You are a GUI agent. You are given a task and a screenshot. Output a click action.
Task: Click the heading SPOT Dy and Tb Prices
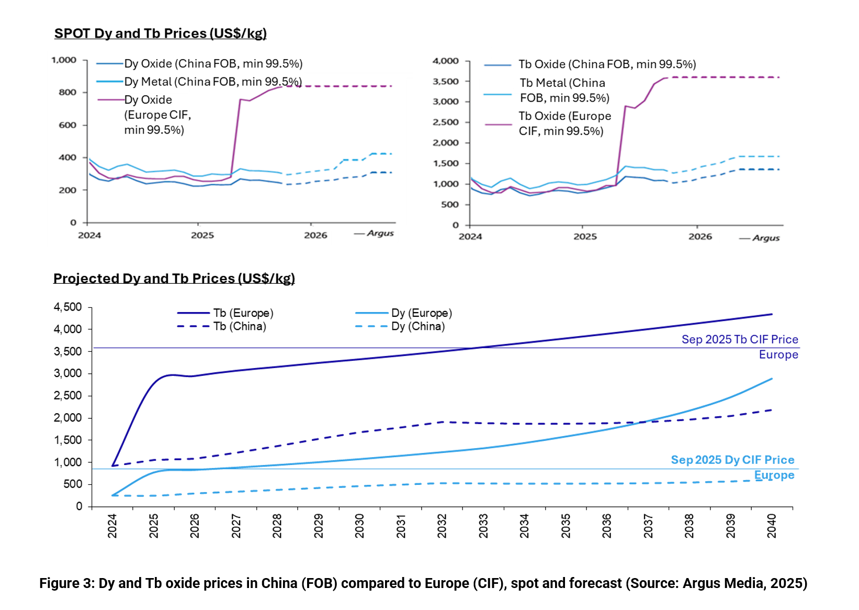[160, 34]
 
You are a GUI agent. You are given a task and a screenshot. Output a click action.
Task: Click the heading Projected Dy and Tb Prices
[174, 279]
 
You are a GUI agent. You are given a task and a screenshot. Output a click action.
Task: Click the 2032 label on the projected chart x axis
[442, 526]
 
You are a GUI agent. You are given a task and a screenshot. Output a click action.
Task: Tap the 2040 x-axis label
[772, 526]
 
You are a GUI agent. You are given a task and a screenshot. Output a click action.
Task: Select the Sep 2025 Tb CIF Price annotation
[740, 340]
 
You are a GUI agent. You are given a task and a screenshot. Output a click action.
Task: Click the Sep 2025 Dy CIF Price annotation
[732, 460]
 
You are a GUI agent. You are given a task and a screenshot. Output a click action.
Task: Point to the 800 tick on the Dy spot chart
[67, 92]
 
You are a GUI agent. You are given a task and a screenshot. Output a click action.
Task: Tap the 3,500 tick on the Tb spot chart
[445, 82]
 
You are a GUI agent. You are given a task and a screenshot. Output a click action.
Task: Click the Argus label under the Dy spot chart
[380, 234]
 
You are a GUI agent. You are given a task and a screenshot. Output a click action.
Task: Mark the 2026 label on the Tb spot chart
[700, 237]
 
